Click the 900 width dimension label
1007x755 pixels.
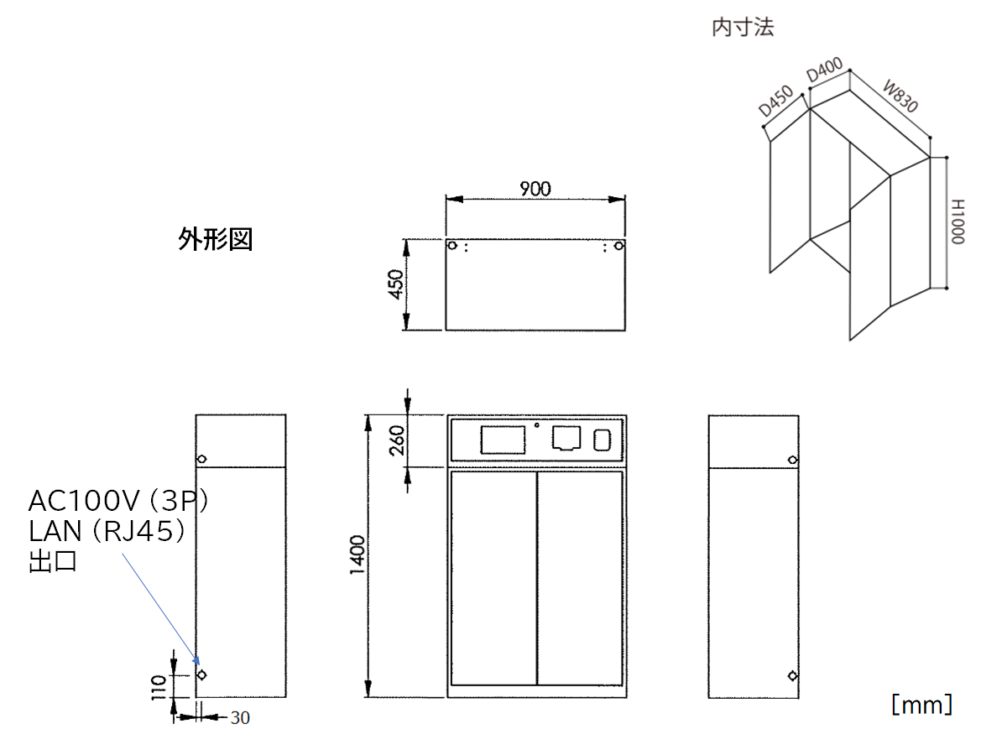click(535, 189)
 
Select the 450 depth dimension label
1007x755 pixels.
click(394, 285)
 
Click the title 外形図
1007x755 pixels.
click(215, 241)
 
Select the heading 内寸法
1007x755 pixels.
click(742, 28)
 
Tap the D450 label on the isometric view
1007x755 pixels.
click(776, 101)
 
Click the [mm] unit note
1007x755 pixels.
click(921, 704)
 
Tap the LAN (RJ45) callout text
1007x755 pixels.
click(107, 531)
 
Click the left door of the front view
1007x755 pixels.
click(493, 578)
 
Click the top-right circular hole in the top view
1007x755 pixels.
click(618, 247)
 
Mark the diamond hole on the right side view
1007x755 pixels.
click(792, 676)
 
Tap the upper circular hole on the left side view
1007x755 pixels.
click(201, 459)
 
